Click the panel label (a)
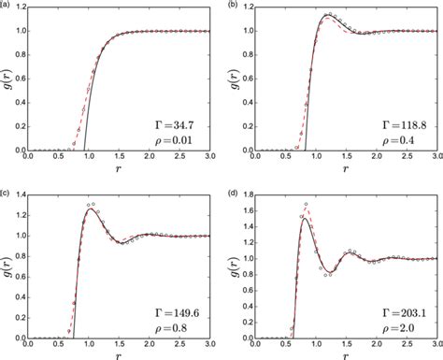[x=6, y=5]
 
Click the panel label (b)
[x=234, y=5]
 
